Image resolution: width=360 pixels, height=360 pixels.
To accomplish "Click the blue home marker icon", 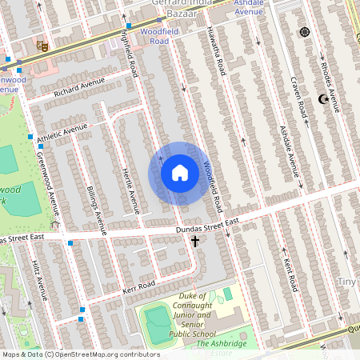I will pyautogui.click(x=179, y=173).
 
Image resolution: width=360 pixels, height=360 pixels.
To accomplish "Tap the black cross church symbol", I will pyautogui.click(x=194, y=240).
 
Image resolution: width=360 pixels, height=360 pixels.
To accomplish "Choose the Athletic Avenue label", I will pyautogui.click(x=62, y=131).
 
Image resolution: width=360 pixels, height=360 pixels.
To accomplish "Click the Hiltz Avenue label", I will pyautogui.click(x=39, y=280).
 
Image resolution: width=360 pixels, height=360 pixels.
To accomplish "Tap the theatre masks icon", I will pyautogui.click(x=42, y=48).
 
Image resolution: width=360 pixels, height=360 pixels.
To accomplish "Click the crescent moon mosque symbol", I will pyautogui.click(x=323, y=99).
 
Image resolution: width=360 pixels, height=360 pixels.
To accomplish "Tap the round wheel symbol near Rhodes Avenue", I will pyautogui.click(x=304, y=32).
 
